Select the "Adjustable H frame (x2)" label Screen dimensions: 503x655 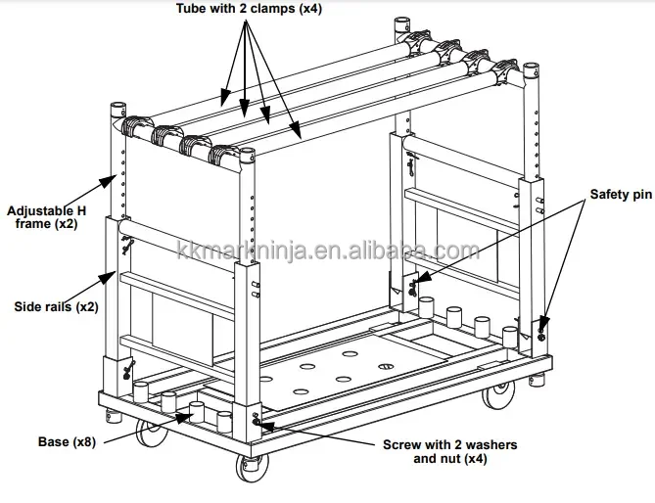pos(43,216)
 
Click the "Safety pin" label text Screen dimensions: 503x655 pos(619,195)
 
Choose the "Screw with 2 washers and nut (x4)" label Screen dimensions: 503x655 pos(449,450)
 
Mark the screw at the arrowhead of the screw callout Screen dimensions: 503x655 pos(257,422)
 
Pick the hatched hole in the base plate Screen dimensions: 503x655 pos(385,368)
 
